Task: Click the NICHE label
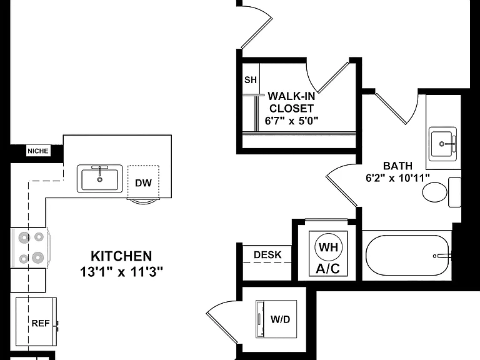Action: tap(38, 151)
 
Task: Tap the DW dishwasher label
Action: tap(143, 183)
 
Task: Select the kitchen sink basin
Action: tap(100, 180)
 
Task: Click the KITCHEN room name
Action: tap(121, 256)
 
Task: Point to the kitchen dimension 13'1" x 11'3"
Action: tap(121, 271)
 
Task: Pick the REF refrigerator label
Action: tap(41, 323)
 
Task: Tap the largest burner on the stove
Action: tap(37, 257)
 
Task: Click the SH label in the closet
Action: tap(251, 80)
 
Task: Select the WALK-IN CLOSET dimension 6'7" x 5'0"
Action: tap(291, 121)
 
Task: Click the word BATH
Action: tap(397, 166)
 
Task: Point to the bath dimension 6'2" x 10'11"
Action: tap(397, 178)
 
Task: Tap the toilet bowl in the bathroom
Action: tap(435, 192)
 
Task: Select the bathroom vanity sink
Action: tap(442, 144)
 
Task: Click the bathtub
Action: tap(407, 256)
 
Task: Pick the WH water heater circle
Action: tap(329, 247)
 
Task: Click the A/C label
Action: tap(328, 269)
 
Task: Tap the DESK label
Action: tap(267, 255)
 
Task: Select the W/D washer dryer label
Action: tap(280, 319)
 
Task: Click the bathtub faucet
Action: tap(443, 256)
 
